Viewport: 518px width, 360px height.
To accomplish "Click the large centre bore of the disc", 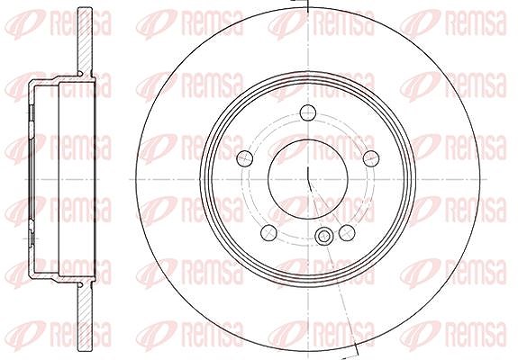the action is coord(308,179).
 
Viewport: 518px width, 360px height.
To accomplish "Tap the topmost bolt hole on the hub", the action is coord(308,112).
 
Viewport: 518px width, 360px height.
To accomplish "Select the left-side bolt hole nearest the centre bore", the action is coord(245,158).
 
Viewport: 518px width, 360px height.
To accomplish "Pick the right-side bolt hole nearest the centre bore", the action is coord(371,158).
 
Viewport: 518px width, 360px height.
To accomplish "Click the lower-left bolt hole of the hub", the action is coord(268,232).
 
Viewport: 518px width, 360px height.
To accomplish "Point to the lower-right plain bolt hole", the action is coord(347,232).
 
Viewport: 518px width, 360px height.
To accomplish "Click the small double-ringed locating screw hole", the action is coord(323,237).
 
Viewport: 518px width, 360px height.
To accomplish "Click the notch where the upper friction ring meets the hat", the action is coord(80,73).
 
